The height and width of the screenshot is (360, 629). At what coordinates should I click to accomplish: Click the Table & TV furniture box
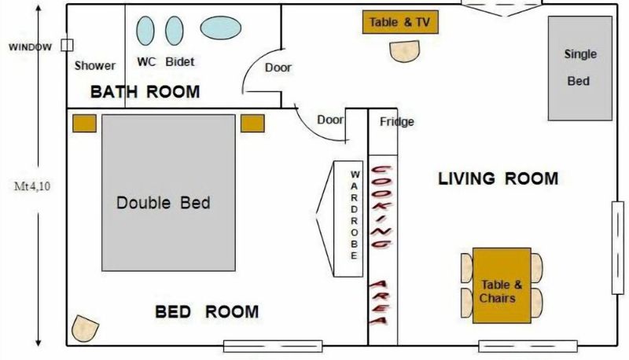coord(400,22)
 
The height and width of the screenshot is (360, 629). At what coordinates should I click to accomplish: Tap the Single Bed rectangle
coord(580,68)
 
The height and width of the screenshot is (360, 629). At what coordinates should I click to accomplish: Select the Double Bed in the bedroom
coord(168,193)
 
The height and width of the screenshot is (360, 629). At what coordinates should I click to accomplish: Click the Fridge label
coord(397,122)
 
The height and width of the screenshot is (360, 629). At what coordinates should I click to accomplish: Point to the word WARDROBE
coord(355,215)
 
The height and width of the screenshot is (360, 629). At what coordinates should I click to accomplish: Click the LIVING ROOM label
coord(498,178)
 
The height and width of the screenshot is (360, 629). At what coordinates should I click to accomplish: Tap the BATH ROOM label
coord(145,92)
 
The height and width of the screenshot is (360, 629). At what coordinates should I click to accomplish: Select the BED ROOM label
coord(207,311)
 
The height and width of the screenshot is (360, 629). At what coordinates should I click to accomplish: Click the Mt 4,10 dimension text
coord(32,186)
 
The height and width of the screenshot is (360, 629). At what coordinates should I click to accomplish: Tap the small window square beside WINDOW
coord(67,46)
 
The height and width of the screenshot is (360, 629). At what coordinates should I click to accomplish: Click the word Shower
coord(94,65)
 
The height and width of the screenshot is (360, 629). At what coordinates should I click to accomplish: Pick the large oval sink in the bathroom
coord(221,28)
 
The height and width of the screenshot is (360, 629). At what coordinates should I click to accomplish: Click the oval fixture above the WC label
coord(145,31)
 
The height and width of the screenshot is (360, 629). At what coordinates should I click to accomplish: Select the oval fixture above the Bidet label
coord(175,31)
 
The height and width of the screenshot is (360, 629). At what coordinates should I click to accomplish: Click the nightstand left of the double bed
coord(85,123)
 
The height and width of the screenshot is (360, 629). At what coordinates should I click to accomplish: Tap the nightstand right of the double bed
coord(252,123)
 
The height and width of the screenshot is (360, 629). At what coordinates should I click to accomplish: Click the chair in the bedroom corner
coord(85,329)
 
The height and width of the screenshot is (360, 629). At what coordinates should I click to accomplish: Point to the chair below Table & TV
coord(405,51)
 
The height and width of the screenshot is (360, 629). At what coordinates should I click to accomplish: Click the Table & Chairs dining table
coord(502,285)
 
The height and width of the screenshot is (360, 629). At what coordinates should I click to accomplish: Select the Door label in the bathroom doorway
coord(278,68)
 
